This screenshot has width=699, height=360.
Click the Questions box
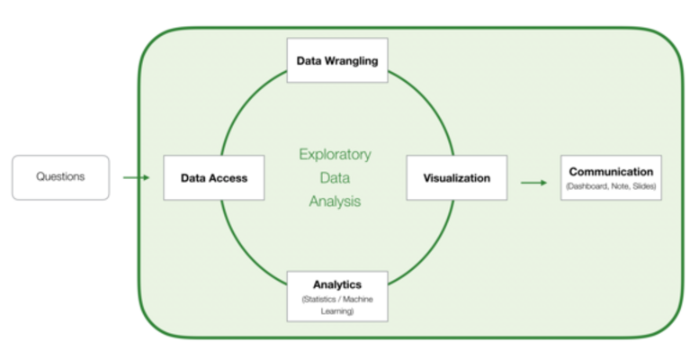(60, 177)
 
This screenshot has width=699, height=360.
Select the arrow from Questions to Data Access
(136, 177)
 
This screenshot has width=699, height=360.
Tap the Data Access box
(214, 178)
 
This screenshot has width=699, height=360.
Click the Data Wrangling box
(337, 60)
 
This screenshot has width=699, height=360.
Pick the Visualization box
(457, 178)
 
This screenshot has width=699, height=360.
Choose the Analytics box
(337, 296)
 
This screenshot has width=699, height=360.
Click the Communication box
(611, 177)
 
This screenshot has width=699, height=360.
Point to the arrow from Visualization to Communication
(533, 183)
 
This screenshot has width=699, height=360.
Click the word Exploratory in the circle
(335, 154)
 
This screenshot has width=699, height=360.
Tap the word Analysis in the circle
(335, 202)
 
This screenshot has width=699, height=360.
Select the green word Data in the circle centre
(335, 178)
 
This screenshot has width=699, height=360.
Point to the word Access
(228, 178)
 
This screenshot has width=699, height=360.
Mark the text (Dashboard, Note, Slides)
(611, 186)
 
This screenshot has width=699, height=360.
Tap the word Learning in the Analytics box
(337, 310)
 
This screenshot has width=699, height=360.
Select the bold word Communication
(611, 171)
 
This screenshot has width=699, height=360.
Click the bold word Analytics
(337, 285)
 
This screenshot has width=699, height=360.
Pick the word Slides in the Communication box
(643, 186)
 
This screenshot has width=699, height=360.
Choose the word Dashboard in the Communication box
(588, 186)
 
